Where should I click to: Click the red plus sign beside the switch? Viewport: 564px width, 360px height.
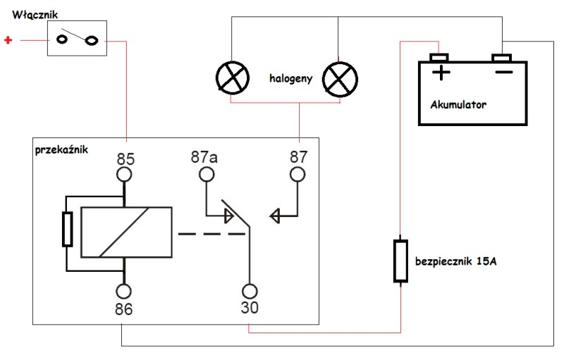coord(8,41)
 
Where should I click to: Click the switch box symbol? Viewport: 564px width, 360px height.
coord(76,39)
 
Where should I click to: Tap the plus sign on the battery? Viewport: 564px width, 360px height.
coord(441,72)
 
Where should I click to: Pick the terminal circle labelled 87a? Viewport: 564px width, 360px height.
coord(206,174)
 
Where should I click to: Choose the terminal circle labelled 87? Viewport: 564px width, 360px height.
coord(298,174)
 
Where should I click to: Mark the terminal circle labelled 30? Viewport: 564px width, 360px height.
coord(250,290)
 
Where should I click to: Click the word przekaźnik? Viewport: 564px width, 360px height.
coord(61,150)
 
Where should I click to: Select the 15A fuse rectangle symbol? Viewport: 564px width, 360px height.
coord(400,261)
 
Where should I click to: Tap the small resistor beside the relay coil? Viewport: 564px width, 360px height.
coord(68,230)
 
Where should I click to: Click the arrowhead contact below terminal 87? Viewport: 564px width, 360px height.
coord(276,216)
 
